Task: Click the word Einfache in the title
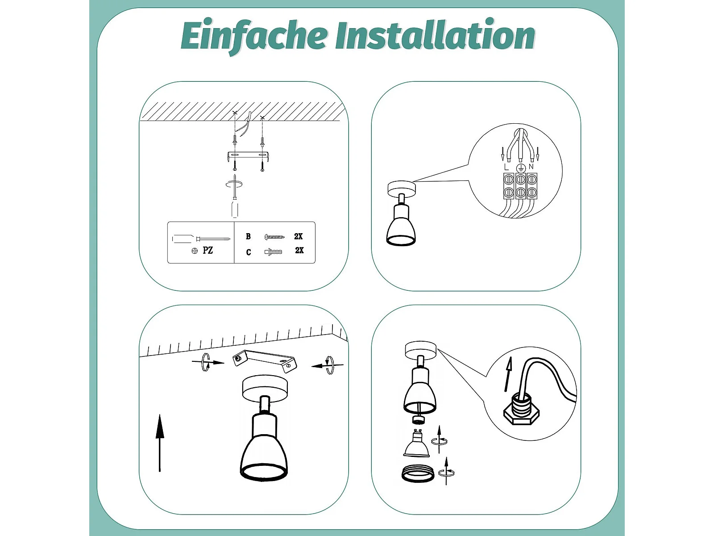(x=254, y=37)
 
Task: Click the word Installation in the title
(x=435, y=34)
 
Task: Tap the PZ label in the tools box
(x=208, y=250)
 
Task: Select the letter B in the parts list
(x=248, y=237)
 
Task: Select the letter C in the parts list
(x=249, y=252)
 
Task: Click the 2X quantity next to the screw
(x=298, y=237)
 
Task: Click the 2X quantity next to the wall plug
(x=299, y=250)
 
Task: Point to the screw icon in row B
(x=274, y=237)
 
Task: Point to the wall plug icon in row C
(x=274, y=252)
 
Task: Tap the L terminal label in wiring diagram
(x=506, y=167)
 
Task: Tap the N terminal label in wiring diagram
(x=531, y=167)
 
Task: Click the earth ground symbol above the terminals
(x=521, y=168)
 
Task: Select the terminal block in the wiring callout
(x=520, y=186)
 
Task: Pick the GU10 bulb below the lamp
(x=417, y=443)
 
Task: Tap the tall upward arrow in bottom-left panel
(x=159, y=443)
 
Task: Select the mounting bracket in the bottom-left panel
(x=265, y=361)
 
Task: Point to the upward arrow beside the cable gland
(x=508, y=374)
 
